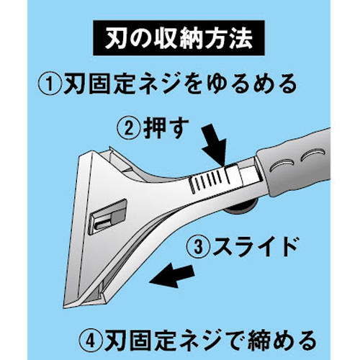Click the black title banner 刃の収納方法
point(179,38)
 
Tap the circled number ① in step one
point(49,84)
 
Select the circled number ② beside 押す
point(129,128)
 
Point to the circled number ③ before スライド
point(198,247)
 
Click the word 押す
point(166,128)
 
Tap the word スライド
point(254,246)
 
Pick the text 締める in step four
point(282,341)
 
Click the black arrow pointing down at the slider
point(215,145)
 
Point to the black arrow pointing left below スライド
point(171,275)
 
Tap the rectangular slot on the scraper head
point(108,217)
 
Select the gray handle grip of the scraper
point(294,162)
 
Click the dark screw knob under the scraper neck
point(240,207)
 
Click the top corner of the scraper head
point(109,147)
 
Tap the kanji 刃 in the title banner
point(114,38)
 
